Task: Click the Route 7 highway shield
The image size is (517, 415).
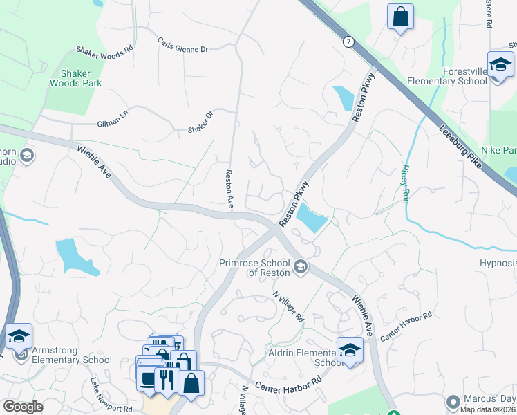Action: coord(348,42)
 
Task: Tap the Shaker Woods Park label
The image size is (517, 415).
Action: coord(76,77)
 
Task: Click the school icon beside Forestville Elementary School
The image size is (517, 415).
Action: coord(500,66)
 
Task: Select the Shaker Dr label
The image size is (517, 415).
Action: coord(201,123)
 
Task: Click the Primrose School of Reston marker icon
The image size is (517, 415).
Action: coord(300,266)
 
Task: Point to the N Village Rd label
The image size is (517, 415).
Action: coord(289,307)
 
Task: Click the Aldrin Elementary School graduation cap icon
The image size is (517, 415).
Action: coord(350,349)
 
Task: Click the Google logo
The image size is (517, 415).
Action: coord(23,407)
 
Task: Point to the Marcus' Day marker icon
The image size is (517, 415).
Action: coord(453,401)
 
